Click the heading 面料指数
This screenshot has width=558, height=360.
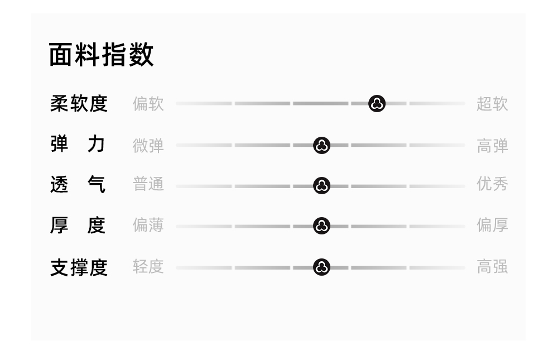(101, 55)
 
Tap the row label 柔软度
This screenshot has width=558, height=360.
(79, 104)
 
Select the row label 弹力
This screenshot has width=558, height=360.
(79, 145)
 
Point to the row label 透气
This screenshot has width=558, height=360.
(79, 185)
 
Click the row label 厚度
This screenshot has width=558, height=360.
(79, 225)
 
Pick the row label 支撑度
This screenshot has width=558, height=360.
(79, 267)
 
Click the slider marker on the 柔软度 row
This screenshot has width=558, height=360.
(377, 103)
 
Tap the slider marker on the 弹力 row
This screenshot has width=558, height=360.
(321, 145)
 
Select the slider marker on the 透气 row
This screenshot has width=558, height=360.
(321, 185)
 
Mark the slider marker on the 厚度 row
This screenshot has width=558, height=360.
(321, 226)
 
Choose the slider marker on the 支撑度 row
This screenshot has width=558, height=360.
(321, 267)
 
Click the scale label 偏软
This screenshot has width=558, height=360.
(148, 104)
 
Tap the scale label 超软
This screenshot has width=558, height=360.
(492, 104)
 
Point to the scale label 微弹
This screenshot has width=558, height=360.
(148, 145)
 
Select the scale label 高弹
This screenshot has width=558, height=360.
(492, 145)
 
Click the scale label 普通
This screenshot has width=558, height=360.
(148, 184)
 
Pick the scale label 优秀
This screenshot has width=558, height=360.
(492, 184)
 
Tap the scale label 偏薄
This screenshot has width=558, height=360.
(148, 225)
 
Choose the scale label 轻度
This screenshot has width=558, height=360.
(148, 267)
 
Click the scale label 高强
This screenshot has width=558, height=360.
(492, 267)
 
